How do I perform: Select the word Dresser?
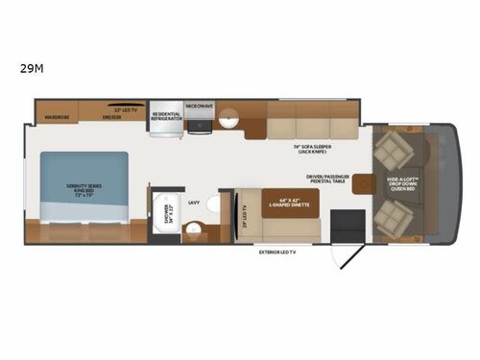coord(113,118)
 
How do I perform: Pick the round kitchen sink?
coord(228,120)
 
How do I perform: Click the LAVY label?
coord(194,202)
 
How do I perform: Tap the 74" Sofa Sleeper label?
coord(306,148)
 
